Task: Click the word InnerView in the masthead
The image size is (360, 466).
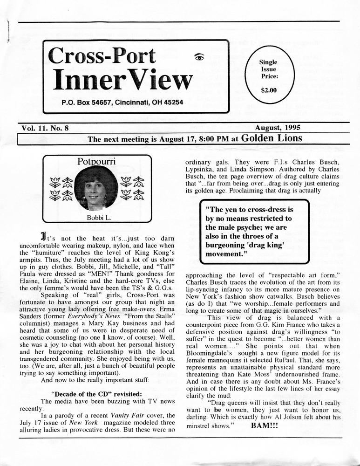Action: coord(122,81)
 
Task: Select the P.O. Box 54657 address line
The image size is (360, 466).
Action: coord(122,102)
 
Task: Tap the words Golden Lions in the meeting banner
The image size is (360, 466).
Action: coord(272,138)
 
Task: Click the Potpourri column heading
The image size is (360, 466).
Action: coord(97,162)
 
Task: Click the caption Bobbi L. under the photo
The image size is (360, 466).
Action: coord(97,218)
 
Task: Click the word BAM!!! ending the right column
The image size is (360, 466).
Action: coord(264,426)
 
